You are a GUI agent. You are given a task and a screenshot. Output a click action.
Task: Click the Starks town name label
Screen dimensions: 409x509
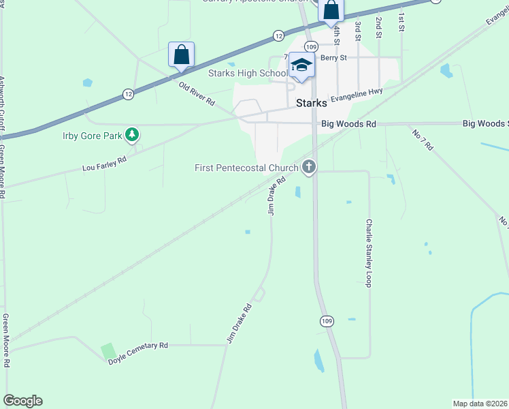(312, 104)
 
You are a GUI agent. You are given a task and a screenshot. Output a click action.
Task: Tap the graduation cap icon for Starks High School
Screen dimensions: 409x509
(301, 65)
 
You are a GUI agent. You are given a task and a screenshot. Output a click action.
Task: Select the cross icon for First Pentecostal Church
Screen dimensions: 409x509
(309, 166)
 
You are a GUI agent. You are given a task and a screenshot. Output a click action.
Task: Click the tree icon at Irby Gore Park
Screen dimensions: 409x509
(132, 135)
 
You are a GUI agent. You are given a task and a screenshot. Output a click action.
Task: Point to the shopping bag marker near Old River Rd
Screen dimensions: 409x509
(182, 55)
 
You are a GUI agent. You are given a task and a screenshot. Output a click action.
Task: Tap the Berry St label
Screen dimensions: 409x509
(333, 58)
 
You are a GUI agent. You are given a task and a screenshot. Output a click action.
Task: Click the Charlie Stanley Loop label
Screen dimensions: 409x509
(369, 252)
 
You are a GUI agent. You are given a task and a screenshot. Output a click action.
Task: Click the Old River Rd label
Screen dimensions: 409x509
(197, 93)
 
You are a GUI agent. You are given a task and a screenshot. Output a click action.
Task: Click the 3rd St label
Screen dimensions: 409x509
(357, 27)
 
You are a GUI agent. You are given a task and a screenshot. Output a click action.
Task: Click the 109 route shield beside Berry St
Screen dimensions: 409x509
(311, 46)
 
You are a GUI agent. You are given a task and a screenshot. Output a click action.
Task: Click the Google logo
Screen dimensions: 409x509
(22, 401)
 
